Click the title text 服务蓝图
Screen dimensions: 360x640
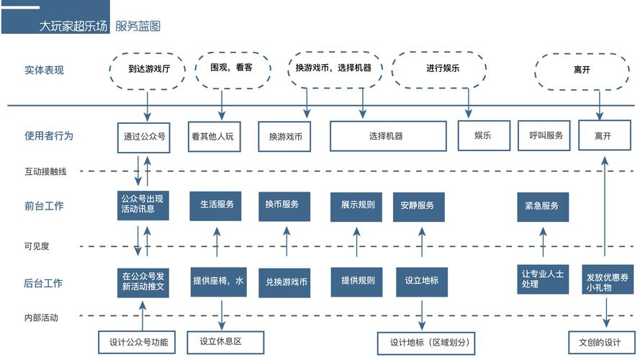138,27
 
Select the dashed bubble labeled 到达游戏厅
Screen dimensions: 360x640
148,69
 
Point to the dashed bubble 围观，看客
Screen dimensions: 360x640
230,69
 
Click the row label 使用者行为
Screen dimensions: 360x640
49,135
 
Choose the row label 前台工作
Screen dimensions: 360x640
44,206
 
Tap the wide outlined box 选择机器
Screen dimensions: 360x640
386,136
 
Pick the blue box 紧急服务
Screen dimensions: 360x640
542,206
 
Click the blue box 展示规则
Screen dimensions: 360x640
358,206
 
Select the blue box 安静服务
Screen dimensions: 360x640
418,206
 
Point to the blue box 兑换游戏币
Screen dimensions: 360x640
287,282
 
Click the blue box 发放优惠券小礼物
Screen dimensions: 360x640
603,282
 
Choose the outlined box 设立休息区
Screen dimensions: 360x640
225,342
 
